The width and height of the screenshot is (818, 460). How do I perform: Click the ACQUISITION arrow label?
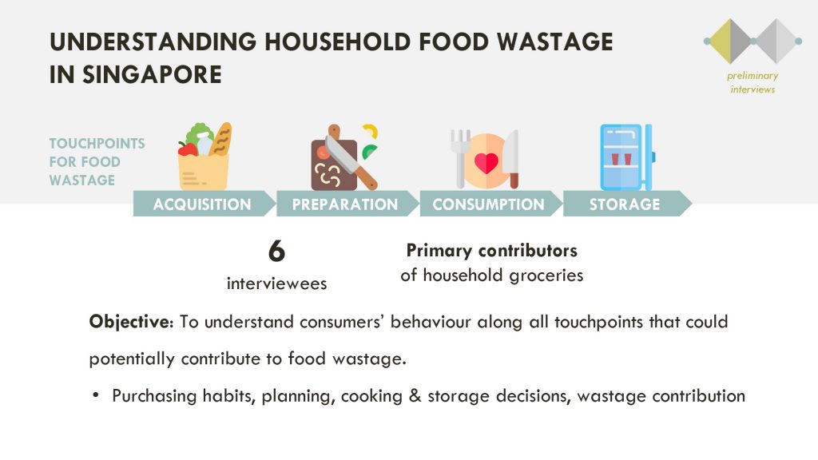click(202, 204)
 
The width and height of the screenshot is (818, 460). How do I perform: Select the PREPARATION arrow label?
click(345, 204)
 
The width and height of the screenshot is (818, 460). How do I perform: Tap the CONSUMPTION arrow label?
click(488, 204)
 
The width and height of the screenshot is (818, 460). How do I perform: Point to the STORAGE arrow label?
click(625, 204)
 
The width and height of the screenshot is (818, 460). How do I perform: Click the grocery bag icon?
click(204, 157)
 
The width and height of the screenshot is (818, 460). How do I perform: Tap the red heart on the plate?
click(486, 163)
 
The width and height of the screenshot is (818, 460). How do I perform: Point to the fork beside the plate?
click(459, 159)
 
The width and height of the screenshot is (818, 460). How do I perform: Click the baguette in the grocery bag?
click(220, 139)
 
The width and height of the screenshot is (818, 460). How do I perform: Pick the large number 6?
click(276, 251)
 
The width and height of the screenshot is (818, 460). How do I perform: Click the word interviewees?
click(276, 284)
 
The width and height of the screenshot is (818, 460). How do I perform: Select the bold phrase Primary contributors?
click(492, 251)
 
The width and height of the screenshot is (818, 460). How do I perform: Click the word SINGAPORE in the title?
click(152, 74)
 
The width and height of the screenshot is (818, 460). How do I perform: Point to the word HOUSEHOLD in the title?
click(338, 42)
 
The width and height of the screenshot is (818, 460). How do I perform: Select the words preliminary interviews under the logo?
click(752, 82)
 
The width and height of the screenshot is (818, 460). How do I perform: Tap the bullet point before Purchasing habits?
click(96, 395)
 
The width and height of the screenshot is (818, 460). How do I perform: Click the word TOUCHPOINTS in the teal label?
click(97, 144)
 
